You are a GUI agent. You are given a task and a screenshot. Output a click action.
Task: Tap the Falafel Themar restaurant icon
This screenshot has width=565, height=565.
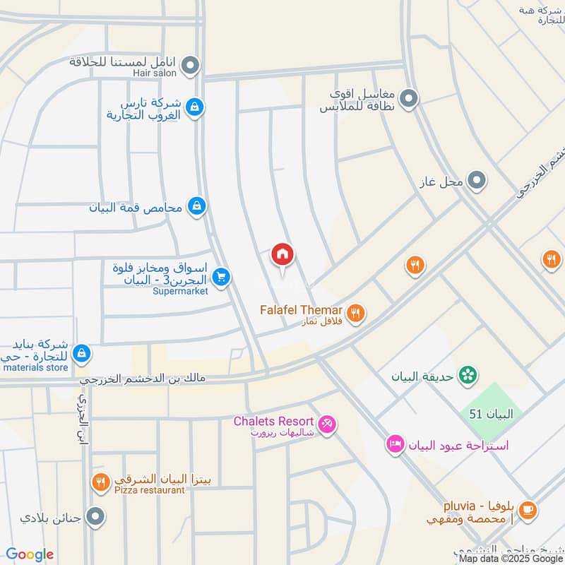(357, 312)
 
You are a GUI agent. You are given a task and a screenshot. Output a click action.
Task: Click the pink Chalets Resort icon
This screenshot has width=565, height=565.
(327, 424)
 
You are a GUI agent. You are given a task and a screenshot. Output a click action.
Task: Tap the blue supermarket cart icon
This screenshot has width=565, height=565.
(222, 278)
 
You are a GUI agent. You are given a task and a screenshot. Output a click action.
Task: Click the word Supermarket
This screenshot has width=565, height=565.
(180, 292)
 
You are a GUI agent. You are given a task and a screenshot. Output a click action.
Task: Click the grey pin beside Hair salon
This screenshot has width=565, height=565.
(189, 67)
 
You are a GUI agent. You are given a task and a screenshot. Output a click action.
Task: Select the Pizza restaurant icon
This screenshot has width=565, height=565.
(100, 482)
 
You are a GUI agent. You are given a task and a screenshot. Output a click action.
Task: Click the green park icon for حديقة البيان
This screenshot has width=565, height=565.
(466, 376)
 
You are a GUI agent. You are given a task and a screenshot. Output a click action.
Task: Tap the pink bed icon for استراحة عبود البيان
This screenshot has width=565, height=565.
(395, 444)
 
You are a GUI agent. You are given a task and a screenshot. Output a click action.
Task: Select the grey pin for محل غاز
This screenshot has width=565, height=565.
(477, 182)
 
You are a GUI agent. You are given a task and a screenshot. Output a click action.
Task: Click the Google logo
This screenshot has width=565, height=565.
(30, 554)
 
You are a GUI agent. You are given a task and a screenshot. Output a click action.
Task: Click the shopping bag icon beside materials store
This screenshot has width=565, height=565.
(82, 352)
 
